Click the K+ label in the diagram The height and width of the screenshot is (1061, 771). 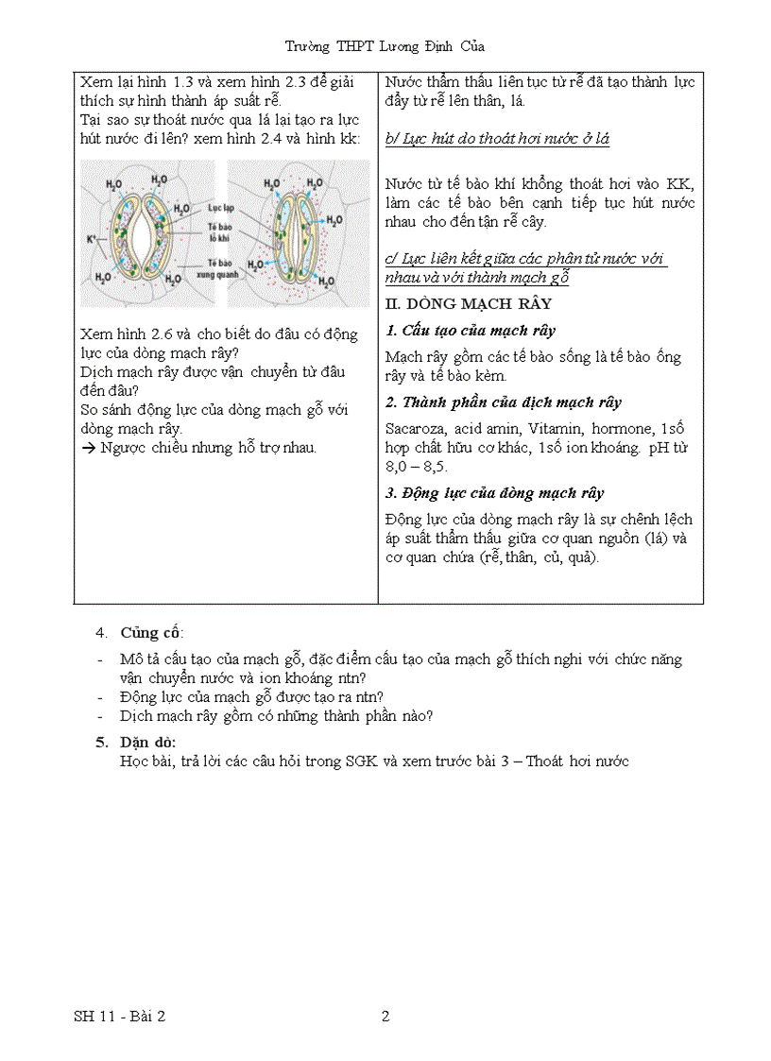point(91,240)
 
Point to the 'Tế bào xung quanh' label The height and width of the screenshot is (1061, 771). point(219,268)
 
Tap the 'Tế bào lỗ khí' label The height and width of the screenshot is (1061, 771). point(221,232)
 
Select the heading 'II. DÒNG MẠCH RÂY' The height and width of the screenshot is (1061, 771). point(469,304)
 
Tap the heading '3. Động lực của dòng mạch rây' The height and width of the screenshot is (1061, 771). point(494,493)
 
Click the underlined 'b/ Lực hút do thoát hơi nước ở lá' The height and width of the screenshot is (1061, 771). point(497,139)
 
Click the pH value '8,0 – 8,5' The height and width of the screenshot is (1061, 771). point(416,467)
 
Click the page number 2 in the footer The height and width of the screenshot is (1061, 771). point(385,1017)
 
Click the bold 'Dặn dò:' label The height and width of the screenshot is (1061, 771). point(148,743)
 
